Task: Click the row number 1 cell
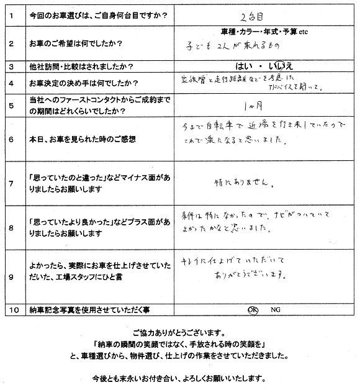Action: coord(11,12)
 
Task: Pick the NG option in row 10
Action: coord(275,308)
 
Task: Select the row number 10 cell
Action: coord(11,309)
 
